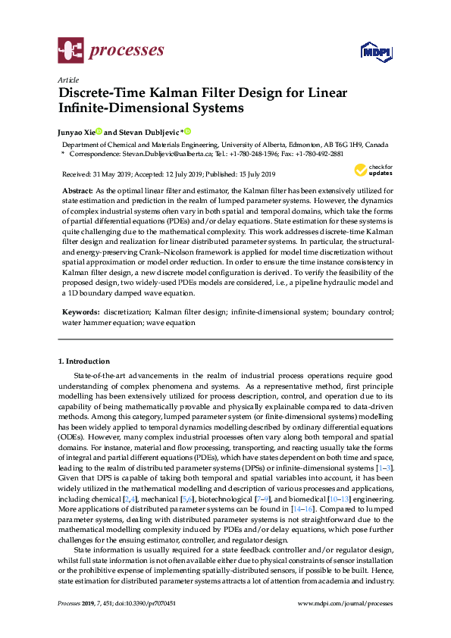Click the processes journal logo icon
click(70, 51)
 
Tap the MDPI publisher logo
click(375, 52)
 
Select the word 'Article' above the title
click(67, 79)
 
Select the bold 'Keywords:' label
click(80, 311)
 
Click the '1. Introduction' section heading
click(84, 361)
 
